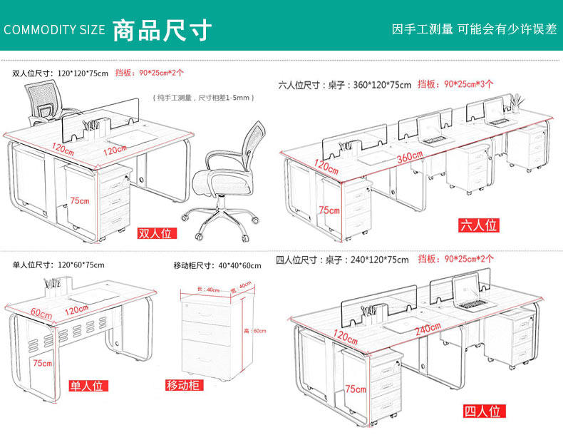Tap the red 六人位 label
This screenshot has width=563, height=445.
[478, 225]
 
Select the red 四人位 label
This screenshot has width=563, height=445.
[484, 411]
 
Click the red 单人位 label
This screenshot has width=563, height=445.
[87, 386]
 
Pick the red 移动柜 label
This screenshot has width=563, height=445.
[184, 386]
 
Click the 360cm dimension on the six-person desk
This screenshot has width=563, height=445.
[410, 157]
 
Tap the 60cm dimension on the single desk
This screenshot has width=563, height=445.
[41, 314]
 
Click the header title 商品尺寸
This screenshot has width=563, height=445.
[162, 30]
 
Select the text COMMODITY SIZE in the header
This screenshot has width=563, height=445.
[54, 30]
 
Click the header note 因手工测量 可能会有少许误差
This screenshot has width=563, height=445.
[474, 29]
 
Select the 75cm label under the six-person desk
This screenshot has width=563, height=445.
[329, 210]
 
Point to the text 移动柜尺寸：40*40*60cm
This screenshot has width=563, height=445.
[217, 265]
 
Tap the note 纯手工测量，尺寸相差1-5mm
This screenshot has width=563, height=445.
[204, 97]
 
